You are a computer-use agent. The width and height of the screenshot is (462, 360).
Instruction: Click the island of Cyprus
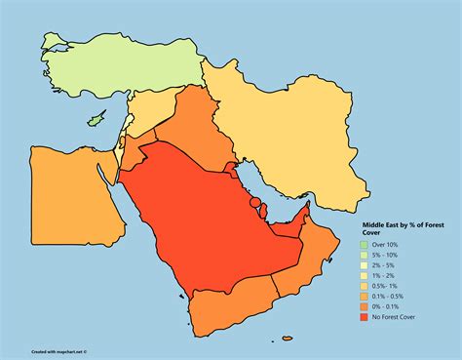click(x=96, y=121)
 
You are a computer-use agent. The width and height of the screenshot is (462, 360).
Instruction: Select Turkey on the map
click(x=107, y=63)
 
